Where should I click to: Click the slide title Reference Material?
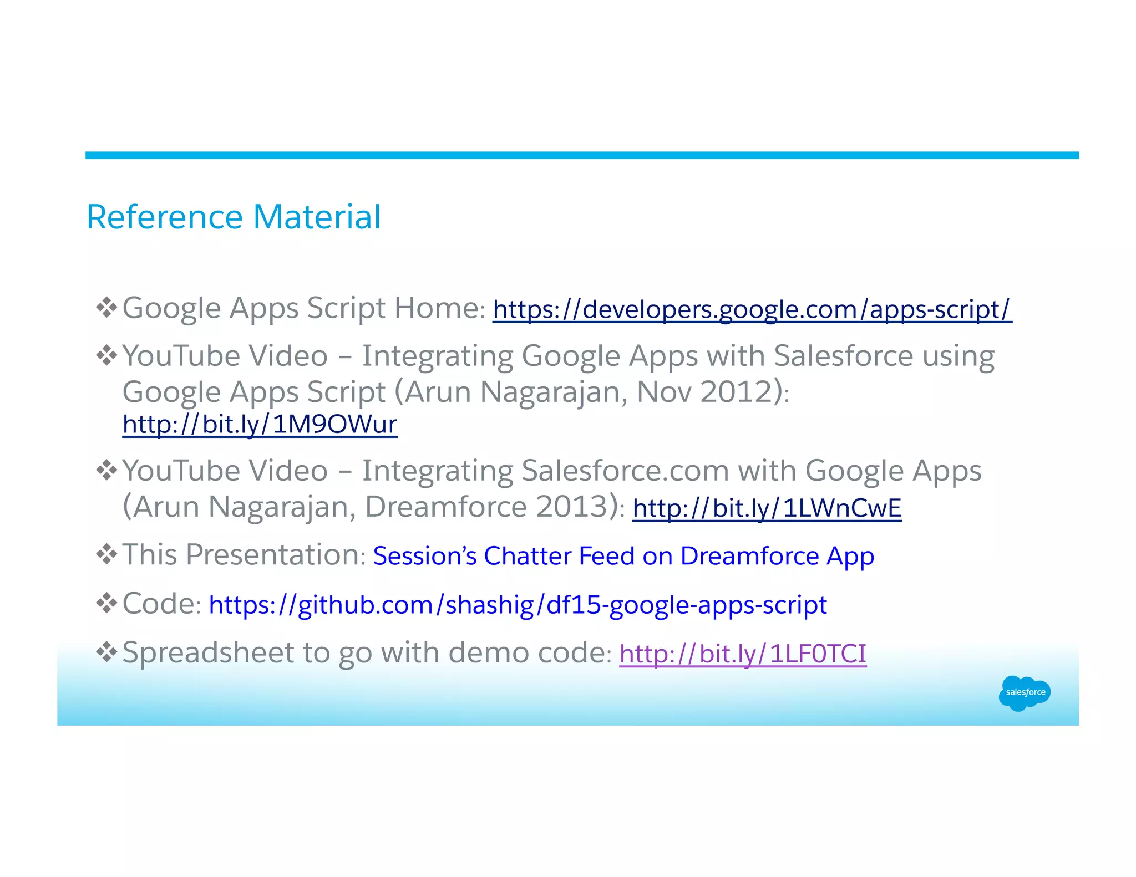(234, 217)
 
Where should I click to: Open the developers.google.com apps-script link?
(752, 309)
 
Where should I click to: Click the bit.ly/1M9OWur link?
(260, 425)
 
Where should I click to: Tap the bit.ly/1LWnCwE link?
(767, 508)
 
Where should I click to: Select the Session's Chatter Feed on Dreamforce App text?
(623, 556)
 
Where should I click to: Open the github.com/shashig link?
(518, 605)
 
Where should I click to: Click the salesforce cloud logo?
(1024, 692)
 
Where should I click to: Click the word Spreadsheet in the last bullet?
(208, 653)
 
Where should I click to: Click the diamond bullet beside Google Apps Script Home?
(106, 307)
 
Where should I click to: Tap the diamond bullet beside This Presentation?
(106, 554)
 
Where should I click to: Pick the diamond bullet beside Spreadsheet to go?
(106, 652)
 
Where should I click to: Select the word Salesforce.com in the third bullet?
(625, 471)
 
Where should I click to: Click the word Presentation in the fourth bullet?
(272, 555)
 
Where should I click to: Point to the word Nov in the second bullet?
(663, 392)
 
